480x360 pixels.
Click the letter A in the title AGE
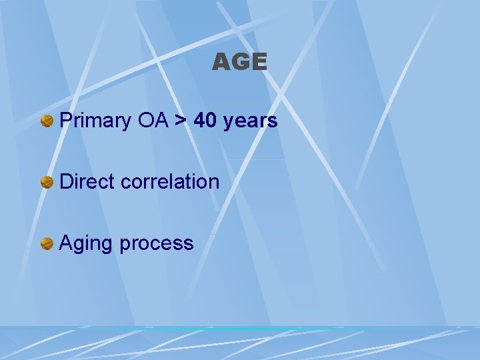[x=221, y=63]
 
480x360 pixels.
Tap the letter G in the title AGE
[x=240, y=63]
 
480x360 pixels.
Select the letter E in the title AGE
[x=259, y=63]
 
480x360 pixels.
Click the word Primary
[x=96, y=121]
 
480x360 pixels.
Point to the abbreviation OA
[x=154, y=121]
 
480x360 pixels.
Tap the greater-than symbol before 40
[x=181, y=121]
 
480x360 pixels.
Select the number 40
[x=207, y=121]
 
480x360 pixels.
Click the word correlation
[x=170, y=181]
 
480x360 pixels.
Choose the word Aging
[x=86, y=243]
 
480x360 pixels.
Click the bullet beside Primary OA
[x=47, y=121]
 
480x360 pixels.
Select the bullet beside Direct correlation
[x=47, y=182]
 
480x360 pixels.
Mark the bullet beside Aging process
[x=47, y=243]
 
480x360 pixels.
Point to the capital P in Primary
[x=65, y=121]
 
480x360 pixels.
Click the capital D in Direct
[x=66, y=181]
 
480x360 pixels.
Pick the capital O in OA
[x=146, y=121]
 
